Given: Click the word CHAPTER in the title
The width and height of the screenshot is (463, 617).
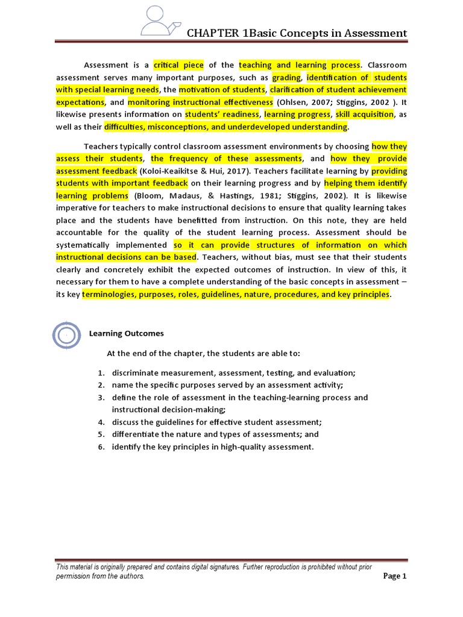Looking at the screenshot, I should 215,33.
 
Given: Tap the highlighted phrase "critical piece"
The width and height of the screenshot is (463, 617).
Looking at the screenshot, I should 178,65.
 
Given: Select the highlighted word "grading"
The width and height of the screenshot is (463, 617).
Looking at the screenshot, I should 286,78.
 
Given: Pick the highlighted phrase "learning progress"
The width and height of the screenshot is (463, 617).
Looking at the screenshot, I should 297,114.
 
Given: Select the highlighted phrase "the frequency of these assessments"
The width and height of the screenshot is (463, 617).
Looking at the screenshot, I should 226,158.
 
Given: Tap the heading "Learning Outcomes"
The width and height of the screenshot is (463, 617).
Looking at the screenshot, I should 126,334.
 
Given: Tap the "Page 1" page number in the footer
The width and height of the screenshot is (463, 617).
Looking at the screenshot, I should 395,577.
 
